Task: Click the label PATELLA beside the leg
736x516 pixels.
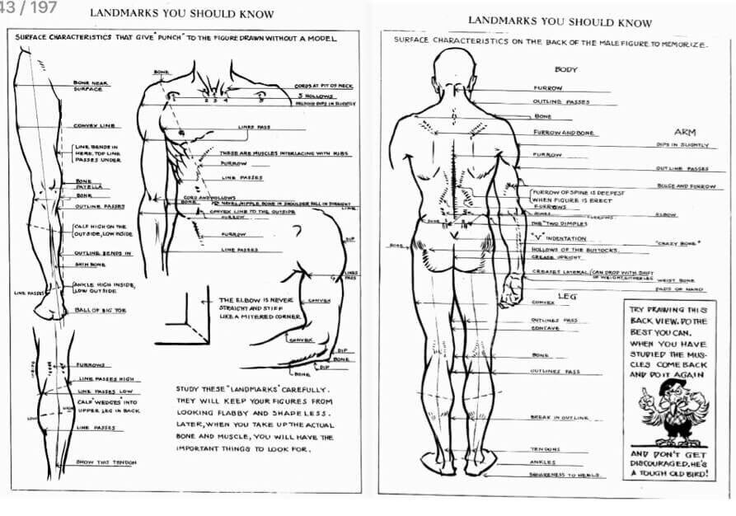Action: pos(87,188)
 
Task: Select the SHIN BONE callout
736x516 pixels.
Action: pos(90,265)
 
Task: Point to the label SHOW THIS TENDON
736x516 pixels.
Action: pos(105,462)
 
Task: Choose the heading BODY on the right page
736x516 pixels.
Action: pos(566,70)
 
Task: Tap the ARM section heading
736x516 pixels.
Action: pos(685,132)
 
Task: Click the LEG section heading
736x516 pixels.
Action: pos(566,295)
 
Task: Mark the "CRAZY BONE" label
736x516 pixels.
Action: pos(672,243)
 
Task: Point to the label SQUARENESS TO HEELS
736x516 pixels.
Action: pos(564,474)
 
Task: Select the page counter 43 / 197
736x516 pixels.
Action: pos(28,7)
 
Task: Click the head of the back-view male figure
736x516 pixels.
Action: pos(456,69)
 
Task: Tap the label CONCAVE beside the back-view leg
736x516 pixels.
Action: pos(546,328)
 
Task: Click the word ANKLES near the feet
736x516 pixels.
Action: pos(542,462)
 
